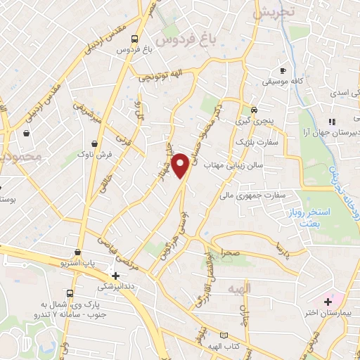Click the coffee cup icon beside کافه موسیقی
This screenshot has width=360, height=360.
click(283, 70)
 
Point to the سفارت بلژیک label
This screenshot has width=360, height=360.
click(275, 143)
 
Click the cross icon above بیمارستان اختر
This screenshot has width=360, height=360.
click(327, 301)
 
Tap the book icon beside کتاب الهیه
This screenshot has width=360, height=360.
click(224, 335)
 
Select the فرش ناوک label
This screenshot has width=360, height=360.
click(93, 153)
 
